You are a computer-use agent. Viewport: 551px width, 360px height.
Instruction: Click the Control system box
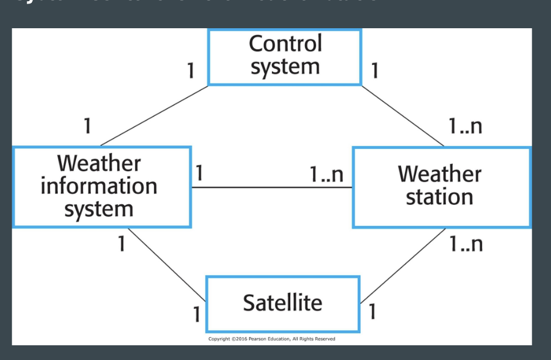284,57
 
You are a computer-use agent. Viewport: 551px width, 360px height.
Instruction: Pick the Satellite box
283,304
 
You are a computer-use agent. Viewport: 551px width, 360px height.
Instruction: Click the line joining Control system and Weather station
403,115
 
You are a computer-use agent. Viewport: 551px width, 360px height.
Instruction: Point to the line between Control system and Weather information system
154,115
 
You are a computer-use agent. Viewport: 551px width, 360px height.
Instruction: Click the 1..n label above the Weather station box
465,126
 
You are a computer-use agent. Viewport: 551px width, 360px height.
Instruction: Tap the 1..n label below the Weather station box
466,244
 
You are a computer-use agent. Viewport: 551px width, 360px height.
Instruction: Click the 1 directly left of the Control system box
190,71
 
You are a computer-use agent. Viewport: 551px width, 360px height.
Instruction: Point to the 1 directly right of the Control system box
375,71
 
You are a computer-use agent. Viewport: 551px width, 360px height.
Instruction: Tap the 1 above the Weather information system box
87,126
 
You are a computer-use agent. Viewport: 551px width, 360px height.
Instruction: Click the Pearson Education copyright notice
271,339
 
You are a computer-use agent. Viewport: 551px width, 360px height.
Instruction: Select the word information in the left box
99,186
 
